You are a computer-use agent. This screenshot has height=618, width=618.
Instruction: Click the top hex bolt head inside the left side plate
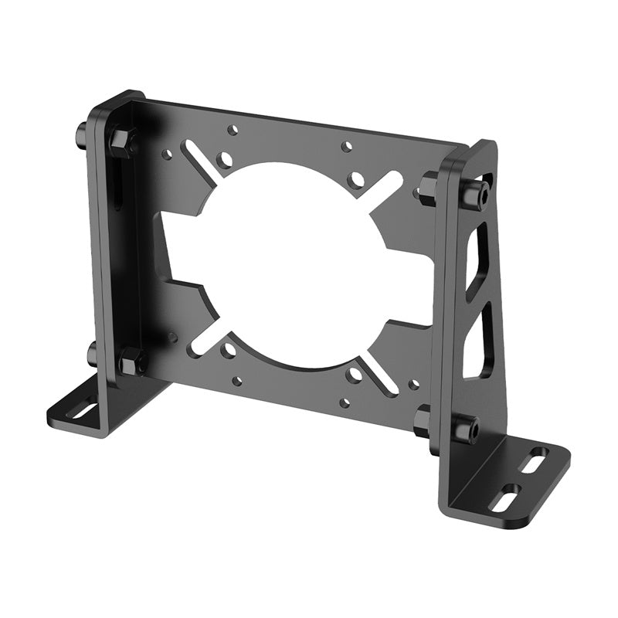(x=123, y=141)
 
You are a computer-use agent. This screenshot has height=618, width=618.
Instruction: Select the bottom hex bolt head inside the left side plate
(x=132, y=359)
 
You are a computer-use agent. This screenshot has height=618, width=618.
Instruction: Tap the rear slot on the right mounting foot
(x=533, y=463)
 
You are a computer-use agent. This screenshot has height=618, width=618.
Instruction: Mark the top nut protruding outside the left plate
(x=80, y=136)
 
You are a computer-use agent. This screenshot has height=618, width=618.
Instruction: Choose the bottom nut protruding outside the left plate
(x=92, y=355)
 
